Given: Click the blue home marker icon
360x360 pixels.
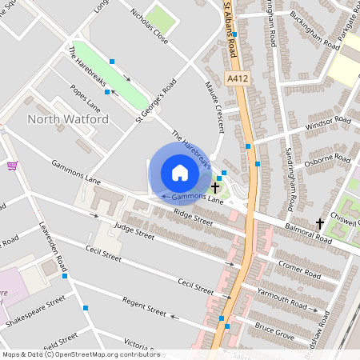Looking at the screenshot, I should click(180, 173).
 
